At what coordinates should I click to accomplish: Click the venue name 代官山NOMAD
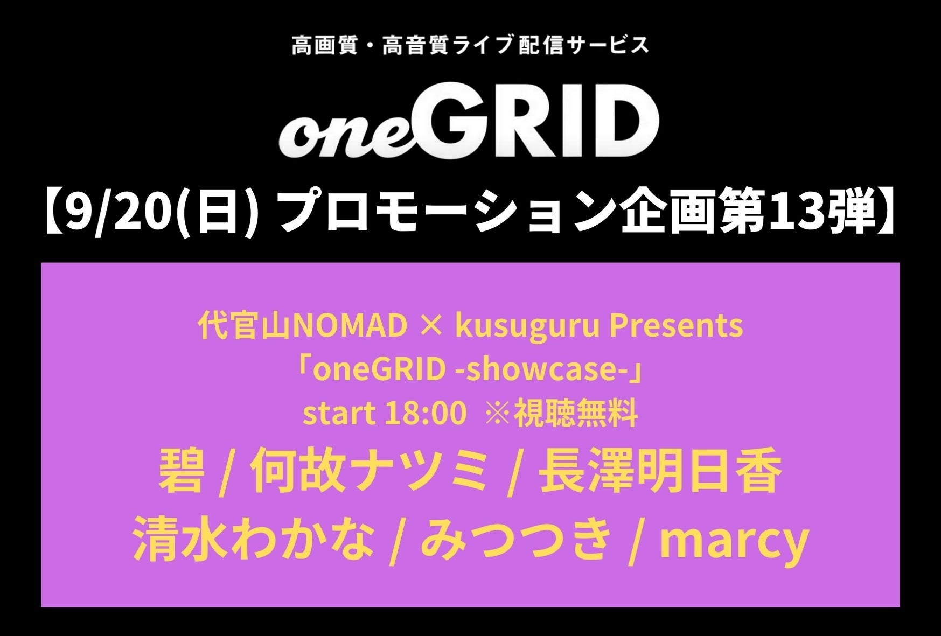pos(303,326)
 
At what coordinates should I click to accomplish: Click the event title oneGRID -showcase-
pos(470,370)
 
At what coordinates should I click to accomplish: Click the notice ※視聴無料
pos(562,414)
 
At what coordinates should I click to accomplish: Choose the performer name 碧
pos(181,472)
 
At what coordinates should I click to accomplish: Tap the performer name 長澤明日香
pos(660,472)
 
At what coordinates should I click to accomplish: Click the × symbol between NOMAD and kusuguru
pos(431,327)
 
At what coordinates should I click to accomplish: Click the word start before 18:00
pos(339,414)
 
